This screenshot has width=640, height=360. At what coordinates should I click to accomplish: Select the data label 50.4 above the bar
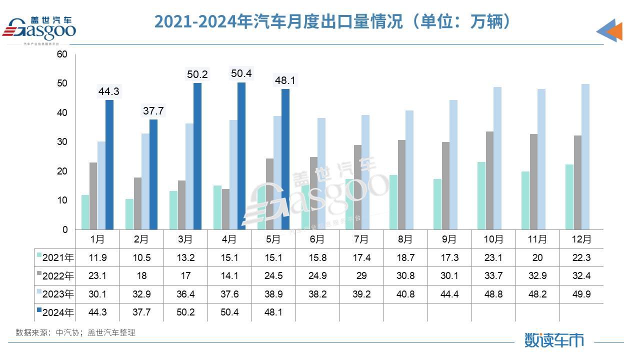pyautogui.click(x=241, y=74)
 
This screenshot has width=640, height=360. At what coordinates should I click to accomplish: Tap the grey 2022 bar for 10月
pyautogui.click(x=489, y=180)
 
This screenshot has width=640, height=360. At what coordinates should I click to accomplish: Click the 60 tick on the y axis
pyautogui.click(x=62, y=54)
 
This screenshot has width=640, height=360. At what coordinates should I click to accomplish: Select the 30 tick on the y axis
pyautogui.click(x=62, y=142)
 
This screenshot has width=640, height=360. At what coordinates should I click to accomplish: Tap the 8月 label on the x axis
pyautogui.click(x=405, y=239)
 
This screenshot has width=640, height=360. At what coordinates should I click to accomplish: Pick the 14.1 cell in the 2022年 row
pyautogui.click(x=229, y=276)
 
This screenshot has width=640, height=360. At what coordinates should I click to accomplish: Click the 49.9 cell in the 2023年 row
pyautogui.click(x=581, y=294)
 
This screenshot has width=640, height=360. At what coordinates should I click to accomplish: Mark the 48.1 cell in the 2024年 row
pyautogui.click(x=273, y=312)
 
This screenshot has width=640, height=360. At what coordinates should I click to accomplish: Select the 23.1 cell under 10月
pyautogui.click(x=493, y=258)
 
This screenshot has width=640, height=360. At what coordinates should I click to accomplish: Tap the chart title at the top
pyautogui.click(x=333, y=21)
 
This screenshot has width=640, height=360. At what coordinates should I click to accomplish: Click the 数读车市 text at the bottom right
pyautogui.click(x=554, y=340)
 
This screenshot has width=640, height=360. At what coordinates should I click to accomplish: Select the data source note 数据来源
pyautogui.click(x=75, y=332)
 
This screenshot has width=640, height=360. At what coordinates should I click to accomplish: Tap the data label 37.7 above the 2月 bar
pyautogui.click(x=153, y=111)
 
